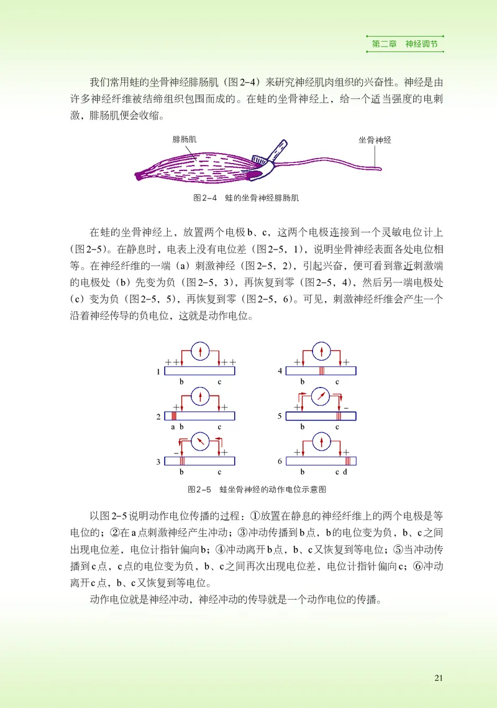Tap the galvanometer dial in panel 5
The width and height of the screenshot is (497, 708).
pos(321,396)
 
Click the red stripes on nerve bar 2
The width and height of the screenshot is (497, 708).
pos(174,416)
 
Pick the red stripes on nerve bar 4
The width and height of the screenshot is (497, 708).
pos(321,371)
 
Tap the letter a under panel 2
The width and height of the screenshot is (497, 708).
pos(173,427)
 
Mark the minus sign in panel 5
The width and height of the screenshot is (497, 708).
pos(347,407)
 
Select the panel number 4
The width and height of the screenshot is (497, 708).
pos(280,371)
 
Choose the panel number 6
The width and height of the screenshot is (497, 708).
pos(280,462)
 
